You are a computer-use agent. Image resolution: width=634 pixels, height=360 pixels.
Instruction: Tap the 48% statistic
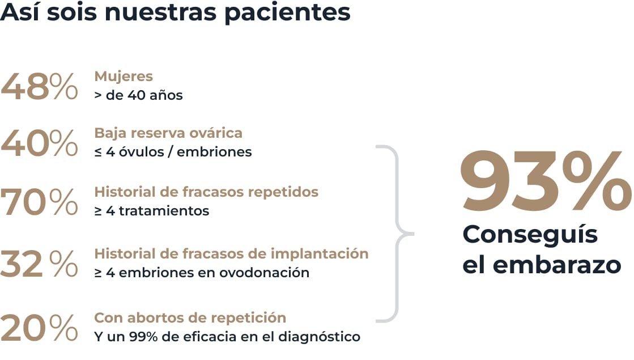(x=39, y=87)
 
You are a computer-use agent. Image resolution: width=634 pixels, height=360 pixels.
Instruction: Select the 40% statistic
(x=39, y=143)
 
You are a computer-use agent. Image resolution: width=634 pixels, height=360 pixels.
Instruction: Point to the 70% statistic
(x=39, y=202)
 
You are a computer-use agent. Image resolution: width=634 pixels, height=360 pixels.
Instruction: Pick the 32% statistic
(x=39, y=264)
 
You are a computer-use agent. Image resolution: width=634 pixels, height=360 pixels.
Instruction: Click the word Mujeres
(x=124, y=76)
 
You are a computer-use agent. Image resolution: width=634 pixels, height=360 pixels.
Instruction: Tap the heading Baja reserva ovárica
(x=168, y=133)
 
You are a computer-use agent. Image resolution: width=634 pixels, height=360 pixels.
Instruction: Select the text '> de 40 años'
(x=138, y=95)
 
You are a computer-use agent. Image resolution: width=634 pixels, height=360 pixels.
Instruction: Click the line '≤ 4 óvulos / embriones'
(x=173, y=152)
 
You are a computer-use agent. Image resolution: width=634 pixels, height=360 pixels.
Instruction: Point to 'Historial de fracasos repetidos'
(x=206, y=192)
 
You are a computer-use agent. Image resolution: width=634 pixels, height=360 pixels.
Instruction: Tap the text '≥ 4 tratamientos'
(x=151, y=211)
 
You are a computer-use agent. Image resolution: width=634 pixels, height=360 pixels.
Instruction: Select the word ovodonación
(x=271, y=273)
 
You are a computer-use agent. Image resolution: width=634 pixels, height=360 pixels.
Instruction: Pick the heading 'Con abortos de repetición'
(x=190, y=317)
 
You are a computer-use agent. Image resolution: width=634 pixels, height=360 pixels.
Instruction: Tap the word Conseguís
(x=530, y=235)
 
